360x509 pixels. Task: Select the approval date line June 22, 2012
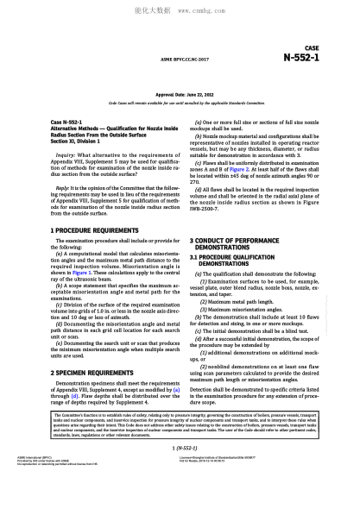pos(180,91)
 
